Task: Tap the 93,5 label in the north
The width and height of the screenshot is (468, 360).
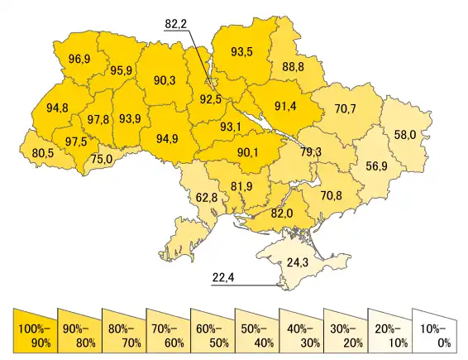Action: click(242, 52)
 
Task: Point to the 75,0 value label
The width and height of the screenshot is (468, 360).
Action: click(102, 159)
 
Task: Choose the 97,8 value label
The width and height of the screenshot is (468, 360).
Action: click(97, 120)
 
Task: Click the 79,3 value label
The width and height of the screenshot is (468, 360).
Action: click(311, 152)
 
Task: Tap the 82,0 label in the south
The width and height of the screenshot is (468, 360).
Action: click(283, 214)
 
